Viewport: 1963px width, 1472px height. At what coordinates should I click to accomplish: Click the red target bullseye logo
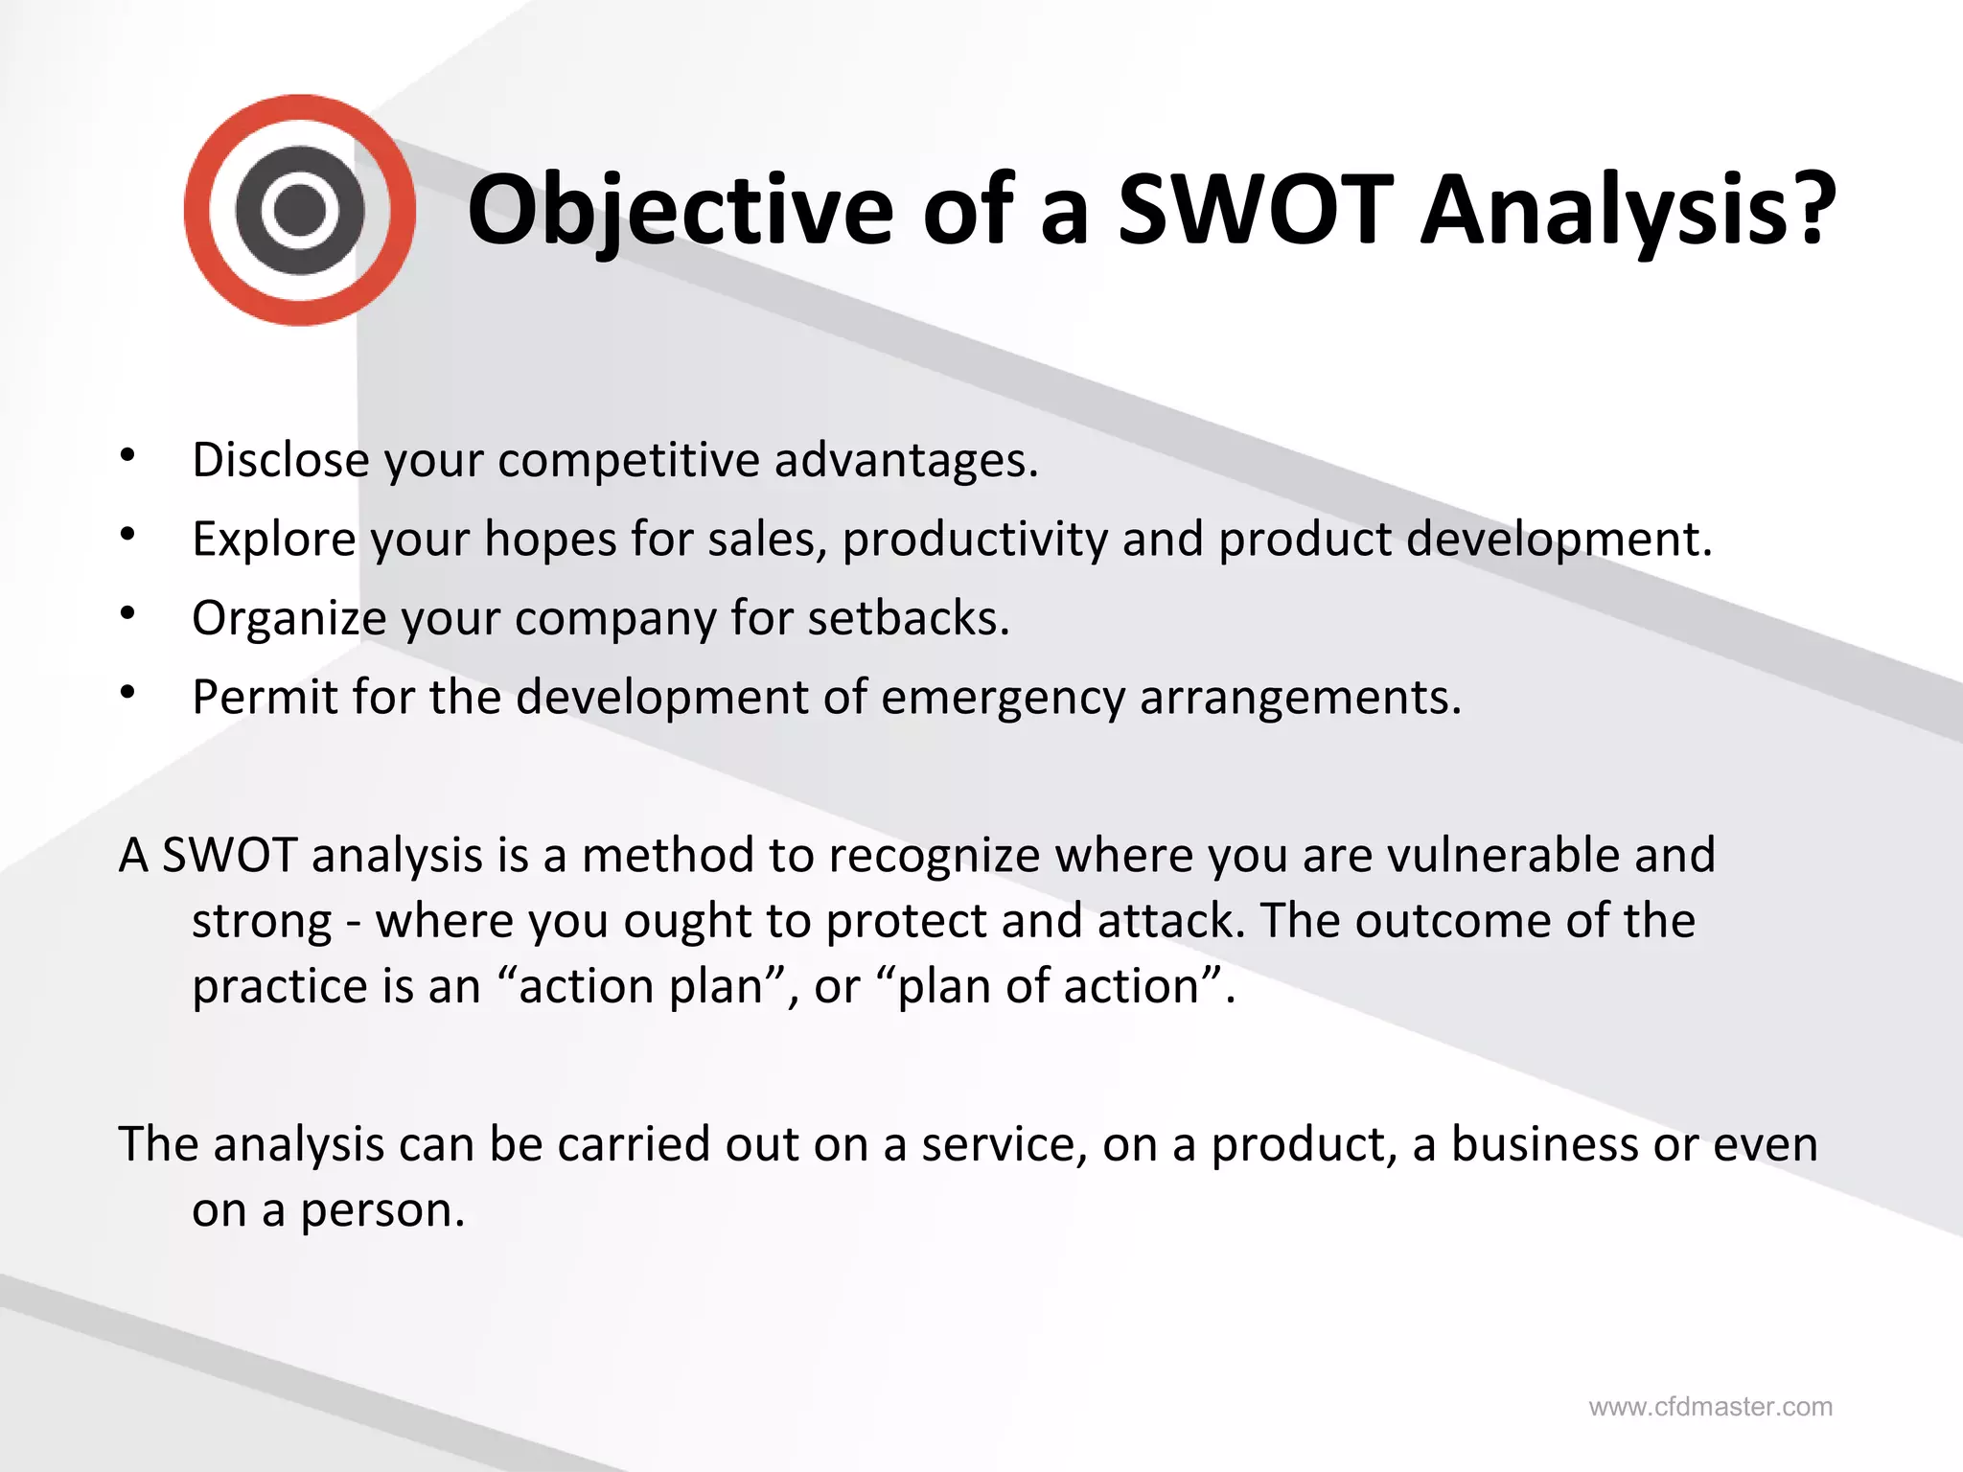pyautogui.click(x=300, y=210)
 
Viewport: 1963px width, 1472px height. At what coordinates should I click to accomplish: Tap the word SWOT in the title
pyautogui.click(x=1255, y=210)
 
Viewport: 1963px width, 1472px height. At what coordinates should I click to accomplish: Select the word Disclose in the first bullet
pyautogui.click(x=280, y=460)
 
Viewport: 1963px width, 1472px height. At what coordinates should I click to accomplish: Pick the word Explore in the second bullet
pyautogui.click(x=274, y=539)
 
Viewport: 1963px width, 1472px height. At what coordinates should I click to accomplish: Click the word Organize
pyautogui.click(x=289, y=619)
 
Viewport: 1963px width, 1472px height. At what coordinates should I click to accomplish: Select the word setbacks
pyautogui.click(x=907, y=618)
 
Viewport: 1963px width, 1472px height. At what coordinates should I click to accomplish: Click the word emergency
pyautogui.click(x=1003, y=699)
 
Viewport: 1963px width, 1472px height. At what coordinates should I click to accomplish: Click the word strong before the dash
pyautogui.click(x=262, y=922)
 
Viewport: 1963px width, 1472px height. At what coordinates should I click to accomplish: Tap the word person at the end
pyautogui.click(x=381, y=1211)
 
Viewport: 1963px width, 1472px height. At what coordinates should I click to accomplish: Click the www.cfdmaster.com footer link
pyautogui.click(x=1710, y=1407)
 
